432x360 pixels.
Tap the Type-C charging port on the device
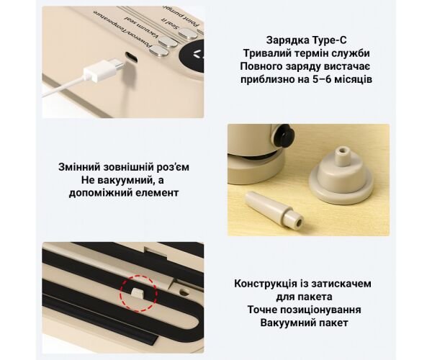pos(132,57)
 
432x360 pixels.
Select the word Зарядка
pos(288,40)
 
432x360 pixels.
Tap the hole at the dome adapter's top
pos(343,151)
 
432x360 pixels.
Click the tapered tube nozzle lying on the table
pos(274,210)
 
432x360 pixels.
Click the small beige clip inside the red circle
pos(138,292)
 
